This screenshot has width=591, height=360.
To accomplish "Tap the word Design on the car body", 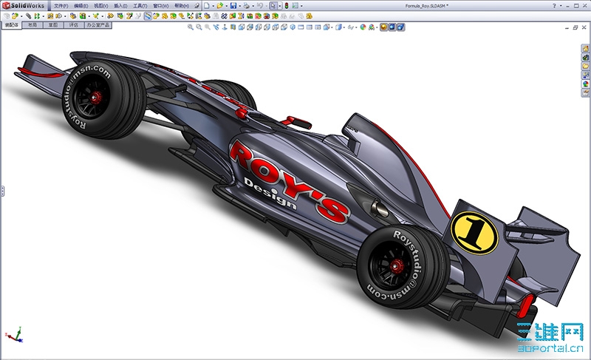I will click(270, 194).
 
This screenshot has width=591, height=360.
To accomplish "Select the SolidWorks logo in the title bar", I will click(24, 5).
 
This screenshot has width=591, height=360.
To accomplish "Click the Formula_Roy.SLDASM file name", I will click(426, 6).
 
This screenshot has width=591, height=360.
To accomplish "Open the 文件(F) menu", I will click(61, 6).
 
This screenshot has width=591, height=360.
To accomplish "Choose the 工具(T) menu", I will click(138, 6).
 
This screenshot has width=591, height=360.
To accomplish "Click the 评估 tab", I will click(72, 24).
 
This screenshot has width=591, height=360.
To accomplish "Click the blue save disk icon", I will click(233, 6).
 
